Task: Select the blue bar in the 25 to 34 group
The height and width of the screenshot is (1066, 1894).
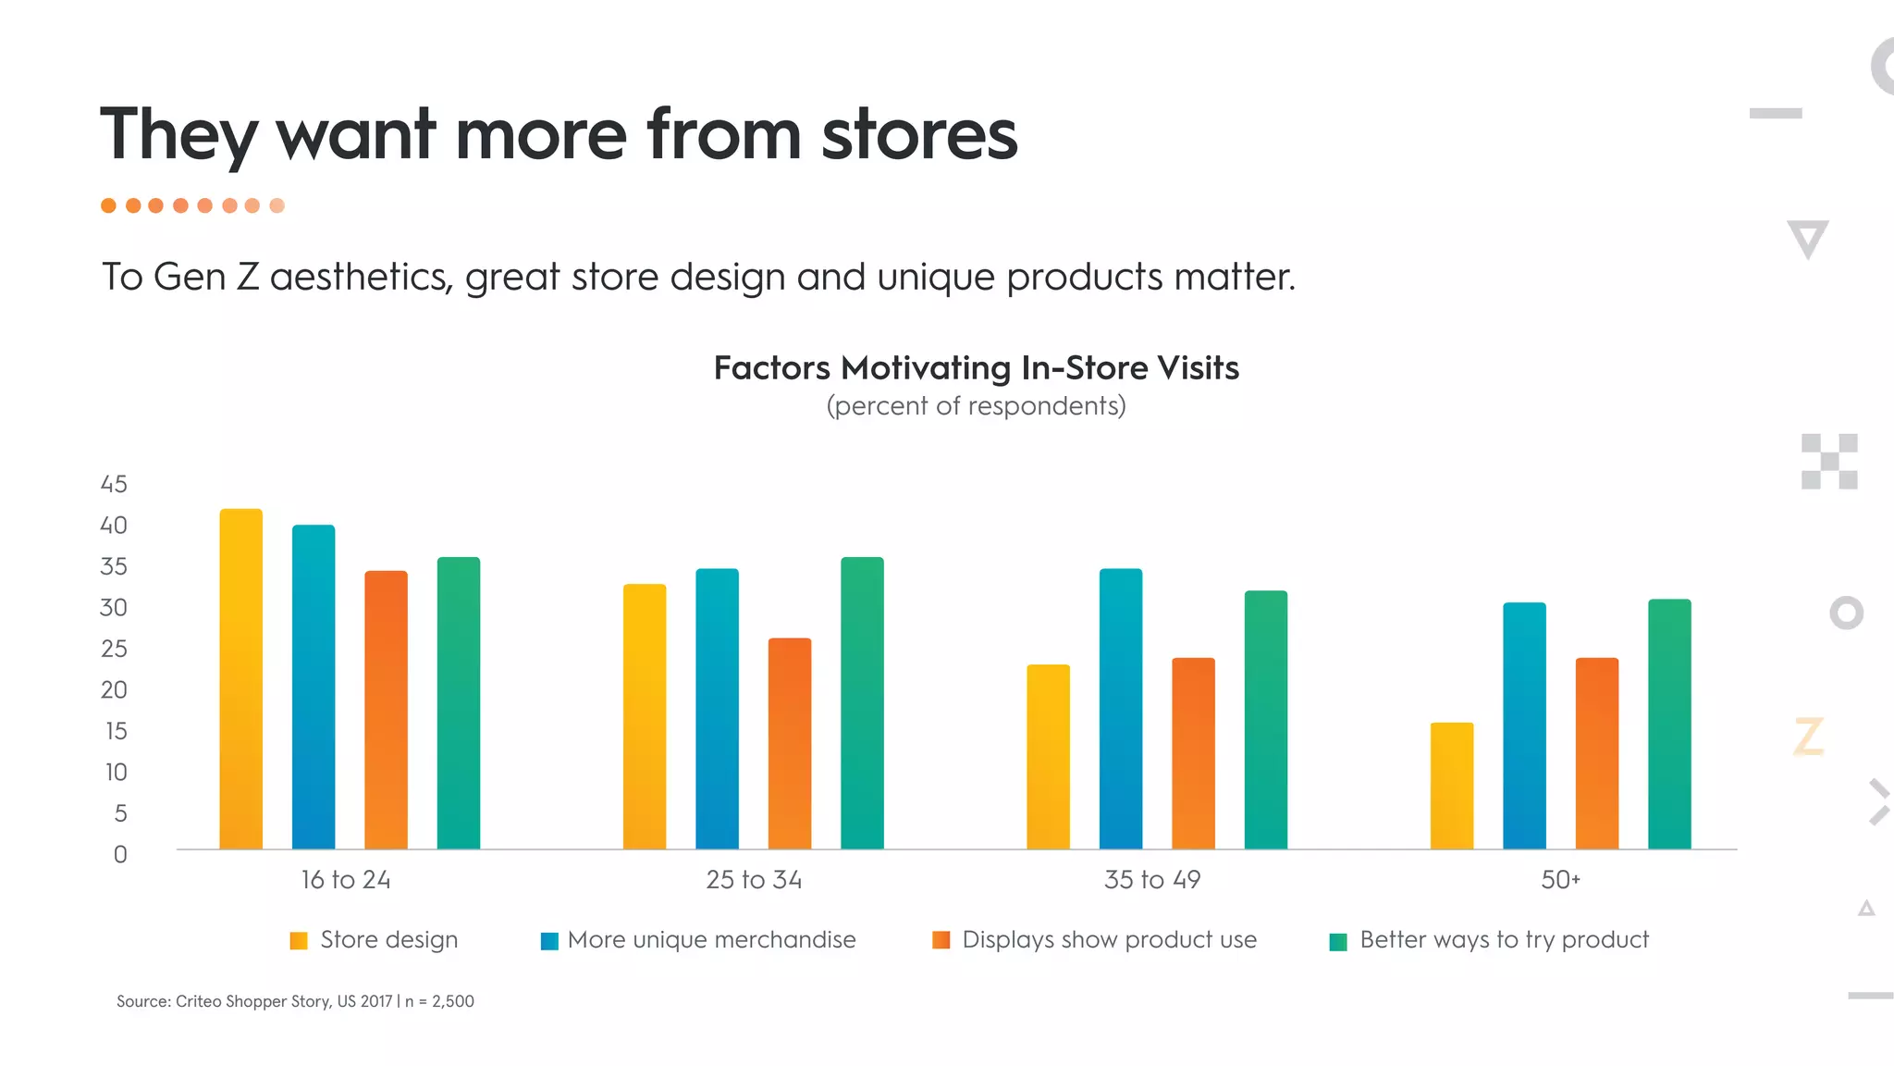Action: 717,709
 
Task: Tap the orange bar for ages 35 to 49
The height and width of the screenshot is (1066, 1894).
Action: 1193,753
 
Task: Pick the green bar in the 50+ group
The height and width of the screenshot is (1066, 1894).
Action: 1669,724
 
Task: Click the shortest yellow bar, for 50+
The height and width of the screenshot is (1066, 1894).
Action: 1451,786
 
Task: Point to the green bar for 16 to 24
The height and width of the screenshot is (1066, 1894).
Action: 459,702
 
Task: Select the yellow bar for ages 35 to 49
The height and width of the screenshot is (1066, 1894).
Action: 1048,756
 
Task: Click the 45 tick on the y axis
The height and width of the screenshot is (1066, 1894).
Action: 114,484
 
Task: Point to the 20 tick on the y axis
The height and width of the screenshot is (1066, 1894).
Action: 114,689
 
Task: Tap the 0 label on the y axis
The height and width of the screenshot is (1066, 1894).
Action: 120,854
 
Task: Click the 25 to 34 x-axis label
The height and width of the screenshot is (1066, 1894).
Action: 754,879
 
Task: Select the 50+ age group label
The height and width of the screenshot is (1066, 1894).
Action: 1560,879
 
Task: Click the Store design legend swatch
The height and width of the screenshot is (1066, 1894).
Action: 299,941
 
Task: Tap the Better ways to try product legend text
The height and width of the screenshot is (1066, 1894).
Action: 1504,940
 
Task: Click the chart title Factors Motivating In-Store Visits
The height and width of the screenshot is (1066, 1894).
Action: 976,368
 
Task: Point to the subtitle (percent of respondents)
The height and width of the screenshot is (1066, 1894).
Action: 976,406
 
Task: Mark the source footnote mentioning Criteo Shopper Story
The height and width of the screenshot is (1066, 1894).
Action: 295,1001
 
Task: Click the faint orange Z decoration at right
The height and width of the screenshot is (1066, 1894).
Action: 1808,737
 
